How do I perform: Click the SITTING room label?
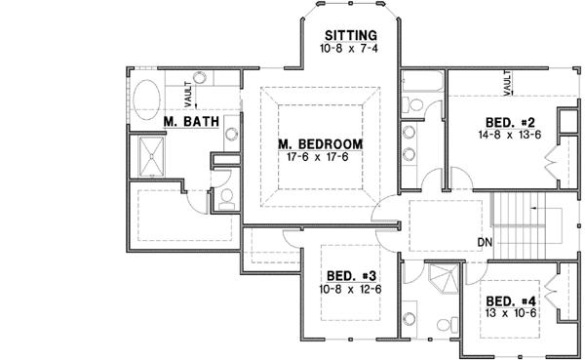click(x=348, y=33)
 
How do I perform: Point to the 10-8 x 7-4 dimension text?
click(x=348, y=47)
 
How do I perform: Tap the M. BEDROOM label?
click(x=320, y=144)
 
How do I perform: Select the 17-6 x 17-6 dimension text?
click(x=320, y=158)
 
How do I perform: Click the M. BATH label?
click(x=183, y=123)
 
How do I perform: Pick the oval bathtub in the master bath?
click(x=149, y=100)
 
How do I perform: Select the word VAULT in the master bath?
click(x=187, y=88)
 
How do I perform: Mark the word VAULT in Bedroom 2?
click(x=508, y=84)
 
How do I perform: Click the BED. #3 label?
click(x=347, y=276)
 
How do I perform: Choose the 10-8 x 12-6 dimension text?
click(x=347, y=290)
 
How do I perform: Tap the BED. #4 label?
click(x=507, y=300)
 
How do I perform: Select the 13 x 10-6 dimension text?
click(x=507, y=314)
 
